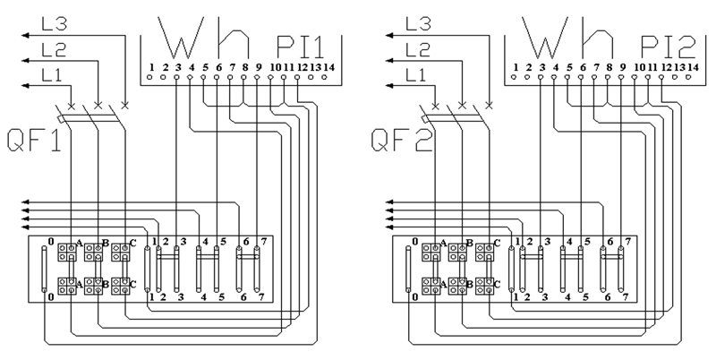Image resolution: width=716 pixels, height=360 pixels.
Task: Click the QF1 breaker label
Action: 35,141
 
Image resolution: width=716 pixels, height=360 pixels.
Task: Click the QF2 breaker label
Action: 401,141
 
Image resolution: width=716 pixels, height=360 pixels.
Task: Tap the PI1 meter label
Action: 301,47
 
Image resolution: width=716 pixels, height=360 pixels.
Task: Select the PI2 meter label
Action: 668,47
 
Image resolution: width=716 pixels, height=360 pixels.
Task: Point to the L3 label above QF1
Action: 55,24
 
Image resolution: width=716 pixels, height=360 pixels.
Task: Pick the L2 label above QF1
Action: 54,49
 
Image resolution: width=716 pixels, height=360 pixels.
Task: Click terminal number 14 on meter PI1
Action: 329,68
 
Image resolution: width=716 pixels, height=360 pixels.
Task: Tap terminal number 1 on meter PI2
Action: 516,68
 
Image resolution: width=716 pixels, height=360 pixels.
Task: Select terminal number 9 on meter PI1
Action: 259,68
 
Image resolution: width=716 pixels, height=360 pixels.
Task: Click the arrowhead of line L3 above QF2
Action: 389,35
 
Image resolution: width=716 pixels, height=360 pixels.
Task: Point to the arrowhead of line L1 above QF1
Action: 25,85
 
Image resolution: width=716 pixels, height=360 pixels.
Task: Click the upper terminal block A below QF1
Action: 66,252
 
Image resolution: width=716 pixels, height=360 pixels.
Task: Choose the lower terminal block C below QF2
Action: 485,286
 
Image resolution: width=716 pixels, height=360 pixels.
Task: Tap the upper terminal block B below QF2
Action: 457,252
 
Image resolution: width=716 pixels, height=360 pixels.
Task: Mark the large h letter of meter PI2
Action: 597,38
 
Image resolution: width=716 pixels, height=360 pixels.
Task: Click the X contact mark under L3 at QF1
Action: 124,105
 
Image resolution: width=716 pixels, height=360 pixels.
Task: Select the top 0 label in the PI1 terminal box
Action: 51,241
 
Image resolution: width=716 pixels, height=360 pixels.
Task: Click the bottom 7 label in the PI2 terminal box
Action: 625,297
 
